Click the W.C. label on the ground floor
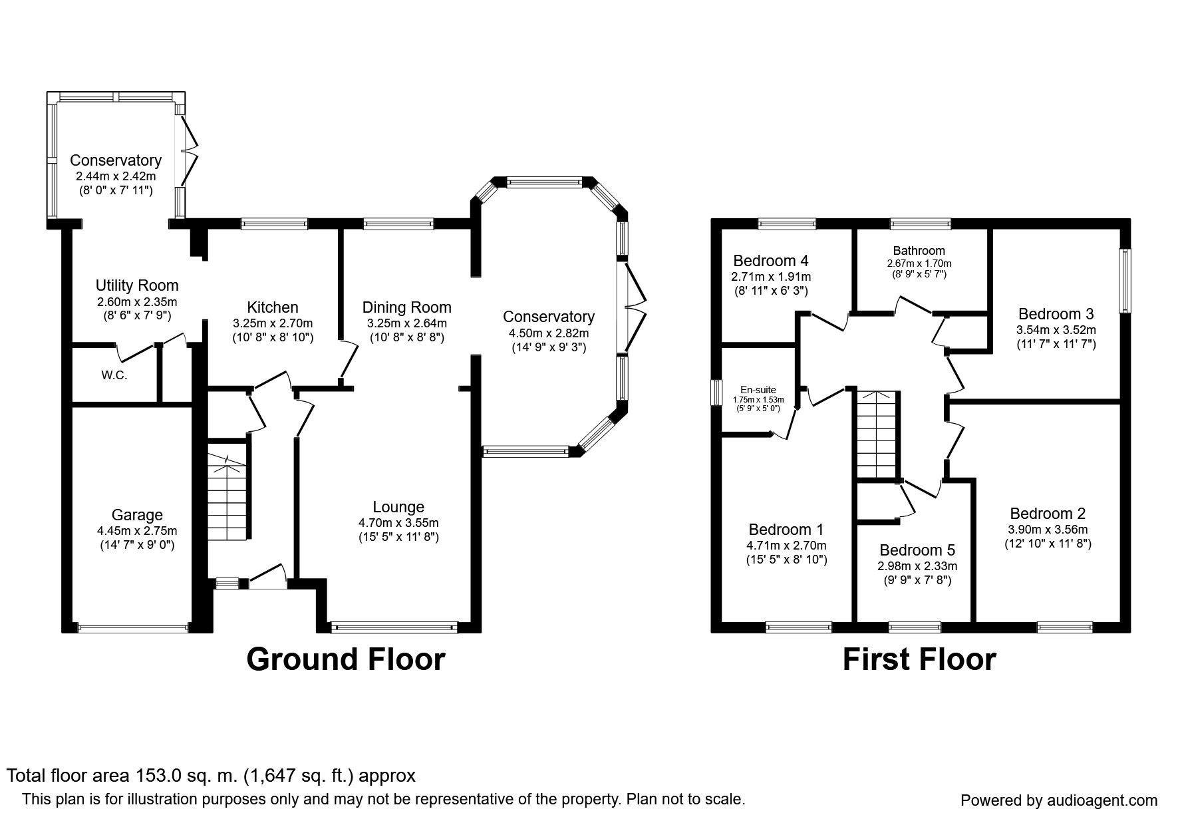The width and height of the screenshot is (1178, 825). pyautogui.click(x=114, y=375)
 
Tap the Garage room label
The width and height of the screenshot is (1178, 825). pyautogui.click(x=137, y=515)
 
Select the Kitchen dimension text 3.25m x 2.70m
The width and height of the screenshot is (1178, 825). pyautogui.click(x=273, y=323)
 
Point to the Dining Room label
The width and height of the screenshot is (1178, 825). pyautogui.click(x=407, y=307)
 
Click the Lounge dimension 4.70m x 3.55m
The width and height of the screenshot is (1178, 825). pyautogui.click(x=398, y=522)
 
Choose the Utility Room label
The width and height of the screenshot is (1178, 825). pyautogui.click(x=137, y=285)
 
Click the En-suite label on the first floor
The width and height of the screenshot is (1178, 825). pyautogui.click(x=758, y=391)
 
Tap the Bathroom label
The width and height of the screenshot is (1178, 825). pyautogui.click(x=919, y=251)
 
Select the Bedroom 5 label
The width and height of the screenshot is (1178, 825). pyautogui.click(x=917, y=550)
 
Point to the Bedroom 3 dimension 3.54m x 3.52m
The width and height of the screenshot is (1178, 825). pyautogui.click(x=1056, y=329)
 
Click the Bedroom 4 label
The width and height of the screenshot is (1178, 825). pyautogui.click(x=772, y=261)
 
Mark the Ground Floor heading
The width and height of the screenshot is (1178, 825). pyautogui.click(x=345, y=659)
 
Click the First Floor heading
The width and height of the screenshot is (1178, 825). pyautogui.click(x=919, y=659)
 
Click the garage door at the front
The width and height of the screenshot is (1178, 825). pyautogui.click(x=133, y=627)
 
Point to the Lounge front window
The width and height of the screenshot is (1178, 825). pyautogui.click(x=394, y=626)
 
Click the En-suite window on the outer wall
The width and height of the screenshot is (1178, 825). pyautogui.click(x=716, y=392)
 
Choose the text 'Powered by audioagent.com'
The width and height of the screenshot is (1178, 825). pyautogui.click(x=1059, y=800)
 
